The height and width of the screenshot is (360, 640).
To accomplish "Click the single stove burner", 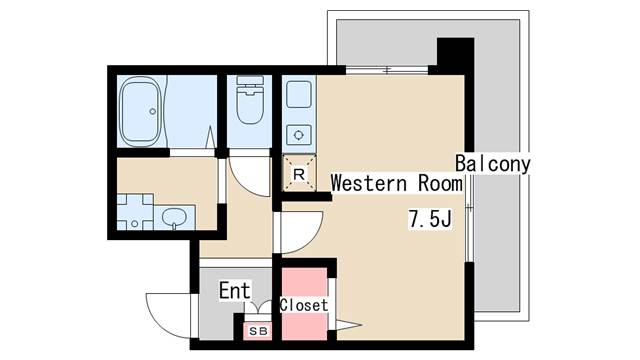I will [x=298, y=133].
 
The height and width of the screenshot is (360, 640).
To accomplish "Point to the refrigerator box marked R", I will [x=298, y=173].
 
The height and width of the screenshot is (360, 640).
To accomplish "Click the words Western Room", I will [x=396, y=184].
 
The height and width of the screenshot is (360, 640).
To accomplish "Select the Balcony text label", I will [x=492, y=163].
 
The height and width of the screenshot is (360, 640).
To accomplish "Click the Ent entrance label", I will [x=234, y=291].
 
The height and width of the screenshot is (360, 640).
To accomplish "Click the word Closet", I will [x=303, y=305].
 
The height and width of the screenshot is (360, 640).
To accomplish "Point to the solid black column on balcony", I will [x=455, y=55].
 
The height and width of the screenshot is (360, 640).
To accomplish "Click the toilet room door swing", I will [x=250, y=176].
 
